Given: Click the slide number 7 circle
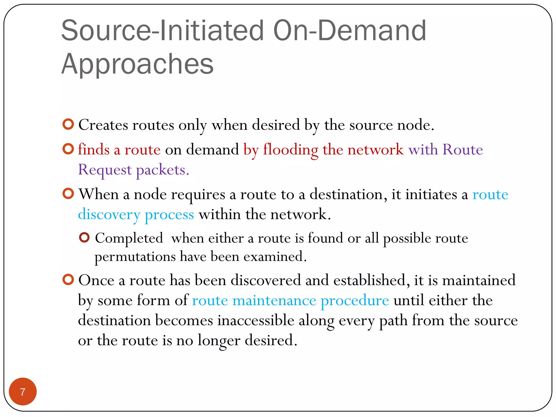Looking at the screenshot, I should click(23, 391).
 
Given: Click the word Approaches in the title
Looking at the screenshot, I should click(137, 64).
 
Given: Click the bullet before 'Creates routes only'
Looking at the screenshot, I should click(68, 124).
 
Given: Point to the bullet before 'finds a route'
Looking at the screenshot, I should click(68, 149).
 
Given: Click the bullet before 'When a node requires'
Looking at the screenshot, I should click(68, 194).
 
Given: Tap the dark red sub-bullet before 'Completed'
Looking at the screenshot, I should click(84, 238).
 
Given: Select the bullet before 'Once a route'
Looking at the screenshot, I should click(68, 279).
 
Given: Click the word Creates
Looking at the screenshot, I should click(103, 125).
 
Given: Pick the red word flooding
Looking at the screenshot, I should click(290, 150).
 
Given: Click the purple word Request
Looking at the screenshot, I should click(105, 170).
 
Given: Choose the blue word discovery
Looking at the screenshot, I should click(109, 214).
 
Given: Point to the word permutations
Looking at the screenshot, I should click(135, 257).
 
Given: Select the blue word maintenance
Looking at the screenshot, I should click(274, 301).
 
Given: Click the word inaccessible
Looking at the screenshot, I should click(255, 320).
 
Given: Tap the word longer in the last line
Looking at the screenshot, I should click(219, 341).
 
